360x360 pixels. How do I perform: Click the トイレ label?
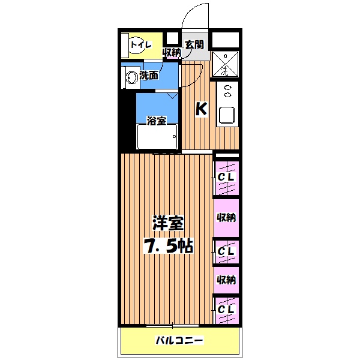(x=142, y=43)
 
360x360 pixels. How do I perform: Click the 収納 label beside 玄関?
(x=172, y=53)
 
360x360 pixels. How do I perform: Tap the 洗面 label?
(x=149, y=76)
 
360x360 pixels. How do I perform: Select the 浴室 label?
(x=157, y=121)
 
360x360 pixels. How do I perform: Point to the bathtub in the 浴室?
(x=157, y=137)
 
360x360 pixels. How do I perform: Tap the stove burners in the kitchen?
(x=227, y=92)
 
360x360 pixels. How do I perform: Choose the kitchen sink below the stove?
(x=227, y=114)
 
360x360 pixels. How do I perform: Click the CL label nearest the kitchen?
(x=226, y=178)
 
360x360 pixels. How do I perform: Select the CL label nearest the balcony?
(x=226, y=309)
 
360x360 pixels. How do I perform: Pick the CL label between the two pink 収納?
(x=226, y=250)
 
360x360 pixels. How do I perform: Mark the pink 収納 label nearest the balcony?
(x=226, y=280)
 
